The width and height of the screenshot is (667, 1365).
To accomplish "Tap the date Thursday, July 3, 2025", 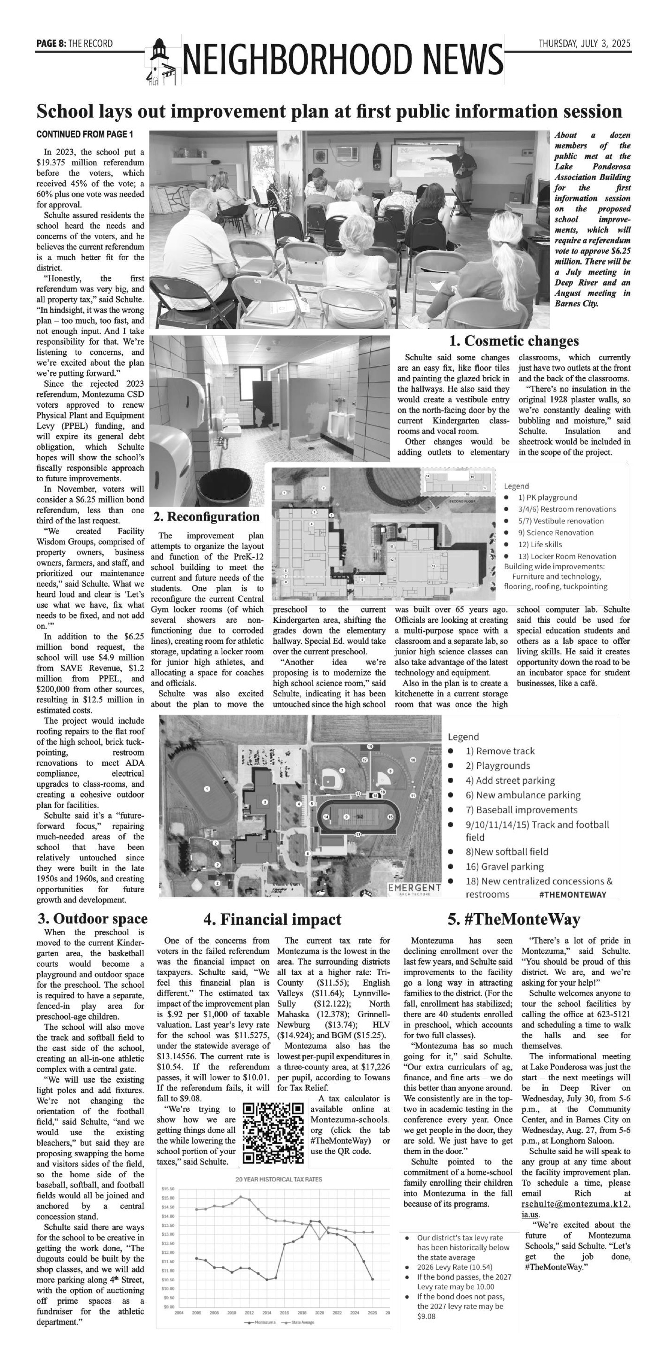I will [x=585, y=43].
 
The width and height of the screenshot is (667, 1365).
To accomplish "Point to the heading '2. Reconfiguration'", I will [x=207, y=516].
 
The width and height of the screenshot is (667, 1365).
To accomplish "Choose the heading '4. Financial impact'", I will [x=272, y=919].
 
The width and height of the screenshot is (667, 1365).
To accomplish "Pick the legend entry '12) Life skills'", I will [x=540, y=544].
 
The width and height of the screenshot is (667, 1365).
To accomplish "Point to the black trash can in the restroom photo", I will [x=224, y=487].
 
